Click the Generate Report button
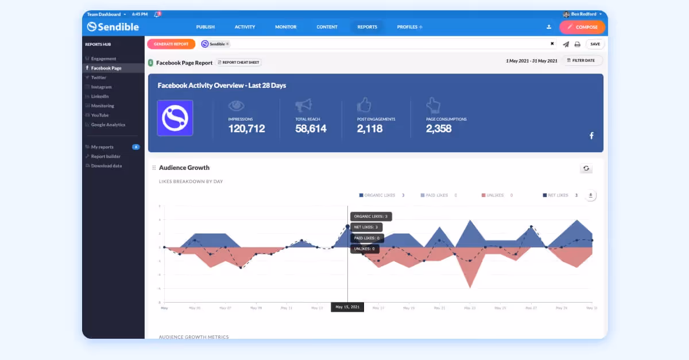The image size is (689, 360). pyautogui.click(x=171, y=44)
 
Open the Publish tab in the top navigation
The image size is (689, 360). pyautogui.click(x=205, y=27)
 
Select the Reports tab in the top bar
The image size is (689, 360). pyautogui.click(x=367, y=27)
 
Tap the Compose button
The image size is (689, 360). pyautogui.click(x=582, y=27)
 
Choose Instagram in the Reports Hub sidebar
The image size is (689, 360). pyautogui.click(x=101, y=87)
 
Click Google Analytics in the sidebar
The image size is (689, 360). pyautogui.click(x=108, y=125)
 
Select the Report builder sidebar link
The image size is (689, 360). pyautogui.click(x=106, y=156)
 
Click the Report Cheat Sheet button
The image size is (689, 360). pyautogui.click(x=238, y=63)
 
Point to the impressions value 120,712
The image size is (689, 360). pyautogui.click(x=246, y=129)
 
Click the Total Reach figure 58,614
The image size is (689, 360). pyautogui.click(x=311, y=129)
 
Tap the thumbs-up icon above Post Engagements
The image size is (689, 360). pyautogui.click(x=364, y=105)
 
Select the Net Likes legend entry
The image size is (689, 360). pyautogui.click(x=558, y=195)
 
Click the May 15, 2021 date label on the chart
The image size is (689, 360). pyautogui.click(x=347, y=307)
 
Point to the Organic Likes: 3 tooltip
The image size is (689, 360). pyautogui.click(x=370, y=216)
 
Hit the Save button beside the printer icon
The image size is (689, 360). pyautogui.click(x=595, y=44)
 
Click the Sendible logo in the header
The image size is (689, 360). pyautogui.click(x=113, y=27)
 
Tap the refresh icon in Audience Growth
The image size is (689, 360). pyautogui.click(x=586, y=168)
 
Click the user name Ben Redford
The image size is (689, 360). pyautogui.click(x=583, y=14)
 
